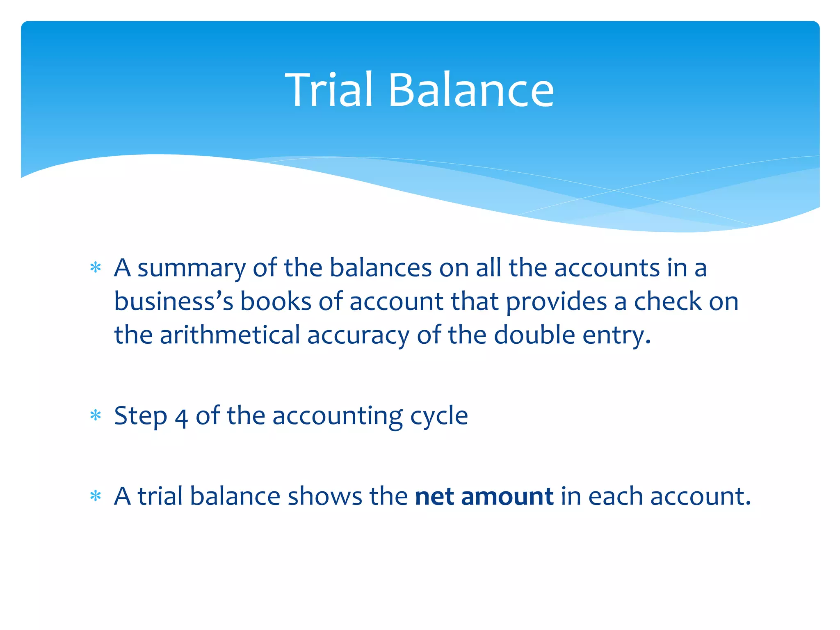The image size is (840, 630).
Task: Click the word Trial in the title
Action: [x=329, y=90]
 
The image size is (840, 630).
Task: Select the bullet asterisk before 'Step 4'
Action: [x=96, y=416]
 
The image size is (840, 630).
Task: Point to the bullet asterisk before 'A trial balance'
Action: [x=96, y=497]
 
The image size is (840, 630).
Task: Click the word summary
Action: [x=191, y=269]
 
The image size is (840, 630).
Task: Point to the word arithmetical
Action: [x=230, y=335]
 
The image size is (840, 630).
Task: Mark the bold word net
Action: [x=434, y=497]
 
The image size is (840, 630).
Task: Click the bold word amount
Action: [x=507, y=497]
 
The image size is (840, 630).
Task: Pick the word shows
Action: [x=325, y=497]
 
